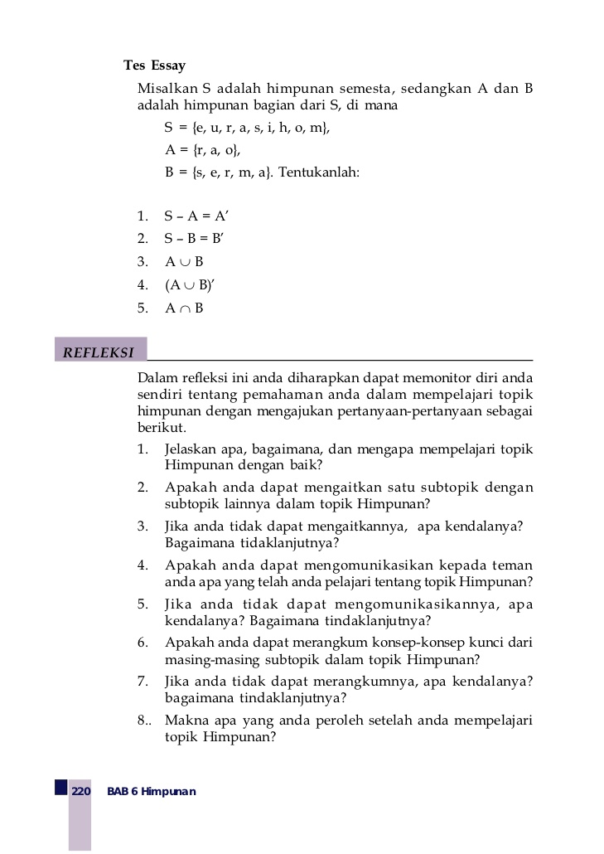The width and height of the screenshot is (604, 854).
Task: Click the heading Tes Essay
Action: click(154, 66)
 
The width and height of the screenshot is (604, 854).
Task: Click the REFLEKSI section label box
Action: click(100, 352)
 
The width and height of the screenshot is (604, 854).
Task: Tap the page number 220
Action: click(80, 792)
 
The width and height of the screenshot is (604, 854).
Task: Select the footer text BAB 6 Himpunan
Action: click(152, 792)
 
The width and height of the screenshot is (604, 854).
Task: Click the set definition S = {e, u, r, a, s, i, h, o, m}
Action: click(247, 128)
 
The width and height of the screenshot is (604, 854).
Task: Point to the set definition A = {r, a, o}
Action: click(203, 150)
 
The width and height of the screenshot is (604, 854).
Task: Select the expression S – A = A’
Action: click(196, 216)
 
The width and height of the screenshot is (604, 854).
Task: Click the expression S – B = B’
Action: click(195, 239)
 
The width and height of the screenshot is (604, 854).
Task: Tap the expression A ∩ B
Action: click(184, 308)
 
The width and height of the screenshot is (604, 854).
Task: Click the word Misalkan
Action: click(167, 90)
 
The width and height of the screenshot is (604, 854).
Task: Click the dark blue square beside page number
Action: click(61, 787)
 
